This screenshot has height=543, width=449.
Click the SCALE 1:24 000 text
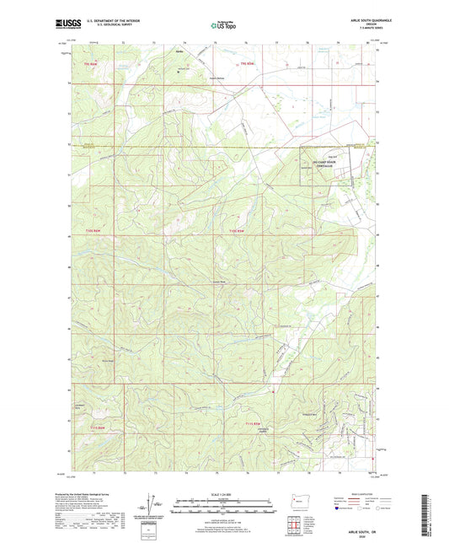pyautogui.click(x=224, y=492)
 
